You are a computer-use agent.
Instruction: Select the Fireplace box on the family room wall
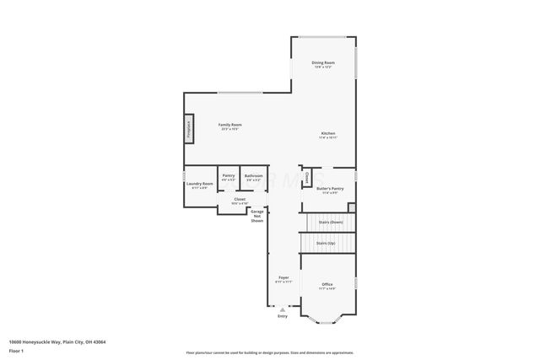189,129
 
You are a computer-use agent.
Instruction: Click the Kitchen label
328,134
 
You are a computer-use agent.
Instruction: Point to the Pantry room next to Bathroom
229,177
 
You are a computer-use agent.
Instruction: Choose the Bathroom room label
254,177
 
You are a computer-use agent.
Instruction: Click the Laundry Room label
200,185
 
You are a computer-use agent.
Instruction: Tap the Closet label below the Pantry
240,201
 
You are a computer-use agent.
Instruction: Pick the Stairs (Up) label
326,244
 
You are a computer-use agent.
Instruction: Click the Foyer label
283,278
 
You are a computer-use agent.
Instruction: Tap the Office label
327,285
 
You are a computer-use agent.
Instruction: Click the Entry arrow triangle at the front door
283,309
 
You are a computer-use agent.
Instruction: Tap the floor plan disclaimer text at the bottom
269,352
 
